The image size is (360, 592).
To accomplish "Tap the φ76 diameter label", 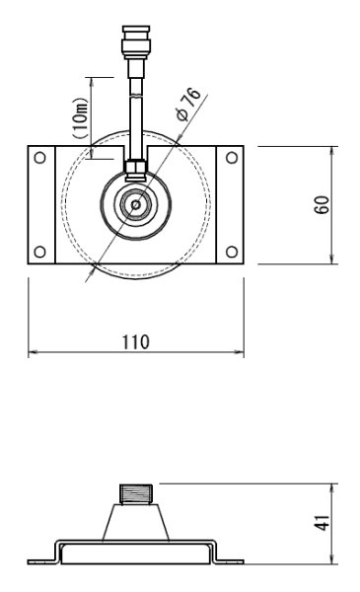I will (x=188, y=105).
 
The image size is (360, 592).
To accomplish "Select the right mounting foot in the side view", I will (x=229, y=560).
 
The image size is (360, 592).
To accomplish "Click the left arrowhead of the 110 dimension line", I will (x=32, y=351).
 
